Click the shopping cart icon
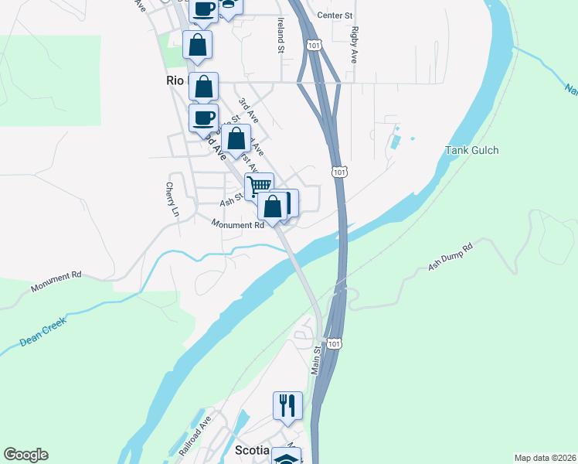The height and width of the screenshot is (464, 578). pyautogui.click(x=259, y=186)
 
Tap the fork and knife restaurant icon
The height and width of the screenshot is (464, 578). pyautogui.click(x=287, y=404)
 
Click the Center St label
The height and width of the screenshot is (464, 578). pyautogui.click(x=335, y=15)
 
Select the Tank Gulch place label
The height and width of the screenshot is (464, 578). pyautogui.click(x=471, y=150)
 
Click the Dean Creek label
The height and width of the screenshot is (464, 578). pyautogui.click(x=42, y=330)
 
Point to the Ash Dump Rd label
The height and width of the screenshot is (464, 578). pyautogui.click(x=450, y=258)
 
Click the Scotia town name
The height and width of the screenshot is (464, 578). pyautogui.click(x=252, y=450)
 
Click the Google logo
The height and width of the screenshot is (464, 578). pyautogui.click(x=25, y=455)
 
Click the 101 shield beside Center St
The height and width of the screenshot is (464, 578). pyautogui.click(x=313, y=46)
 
